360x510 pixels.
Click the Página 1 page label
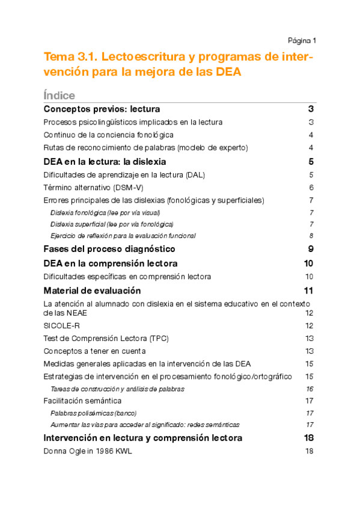(x=302, y=40)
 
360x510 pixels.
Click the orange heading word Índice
(x=59, y=96)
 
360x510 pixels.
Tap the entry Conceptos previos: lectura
(x=102, y=109)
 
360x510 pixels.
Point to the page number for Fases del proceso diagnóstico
(x=311, y=249)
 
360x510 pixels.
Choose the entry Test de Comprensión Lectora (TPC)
(x=106, y=338)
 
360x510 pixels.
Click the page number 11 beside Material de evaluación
(x=309, y=291)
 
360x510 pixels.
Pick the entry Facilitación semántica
(x=82, y=401)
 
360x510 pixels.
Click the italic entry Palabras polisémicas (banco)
(x=93, y=413)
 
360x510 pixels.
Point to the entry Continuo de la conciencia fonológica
(x=109, y=135)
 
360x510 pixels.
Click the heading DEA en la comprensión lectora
(x=111, y=263)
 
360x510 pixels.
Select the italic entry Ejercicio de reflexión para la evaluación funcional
(x=123, y=236)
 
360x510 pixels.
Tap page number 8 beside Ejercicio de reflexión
(x=311, y=236)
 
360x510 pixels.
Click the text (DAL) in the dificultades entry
(x=195, y=174)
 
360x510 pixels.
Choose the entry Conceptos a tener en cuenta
(x=94, y=351)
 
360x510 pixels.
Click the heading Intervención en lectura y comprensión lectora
(x=143, y=438)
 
